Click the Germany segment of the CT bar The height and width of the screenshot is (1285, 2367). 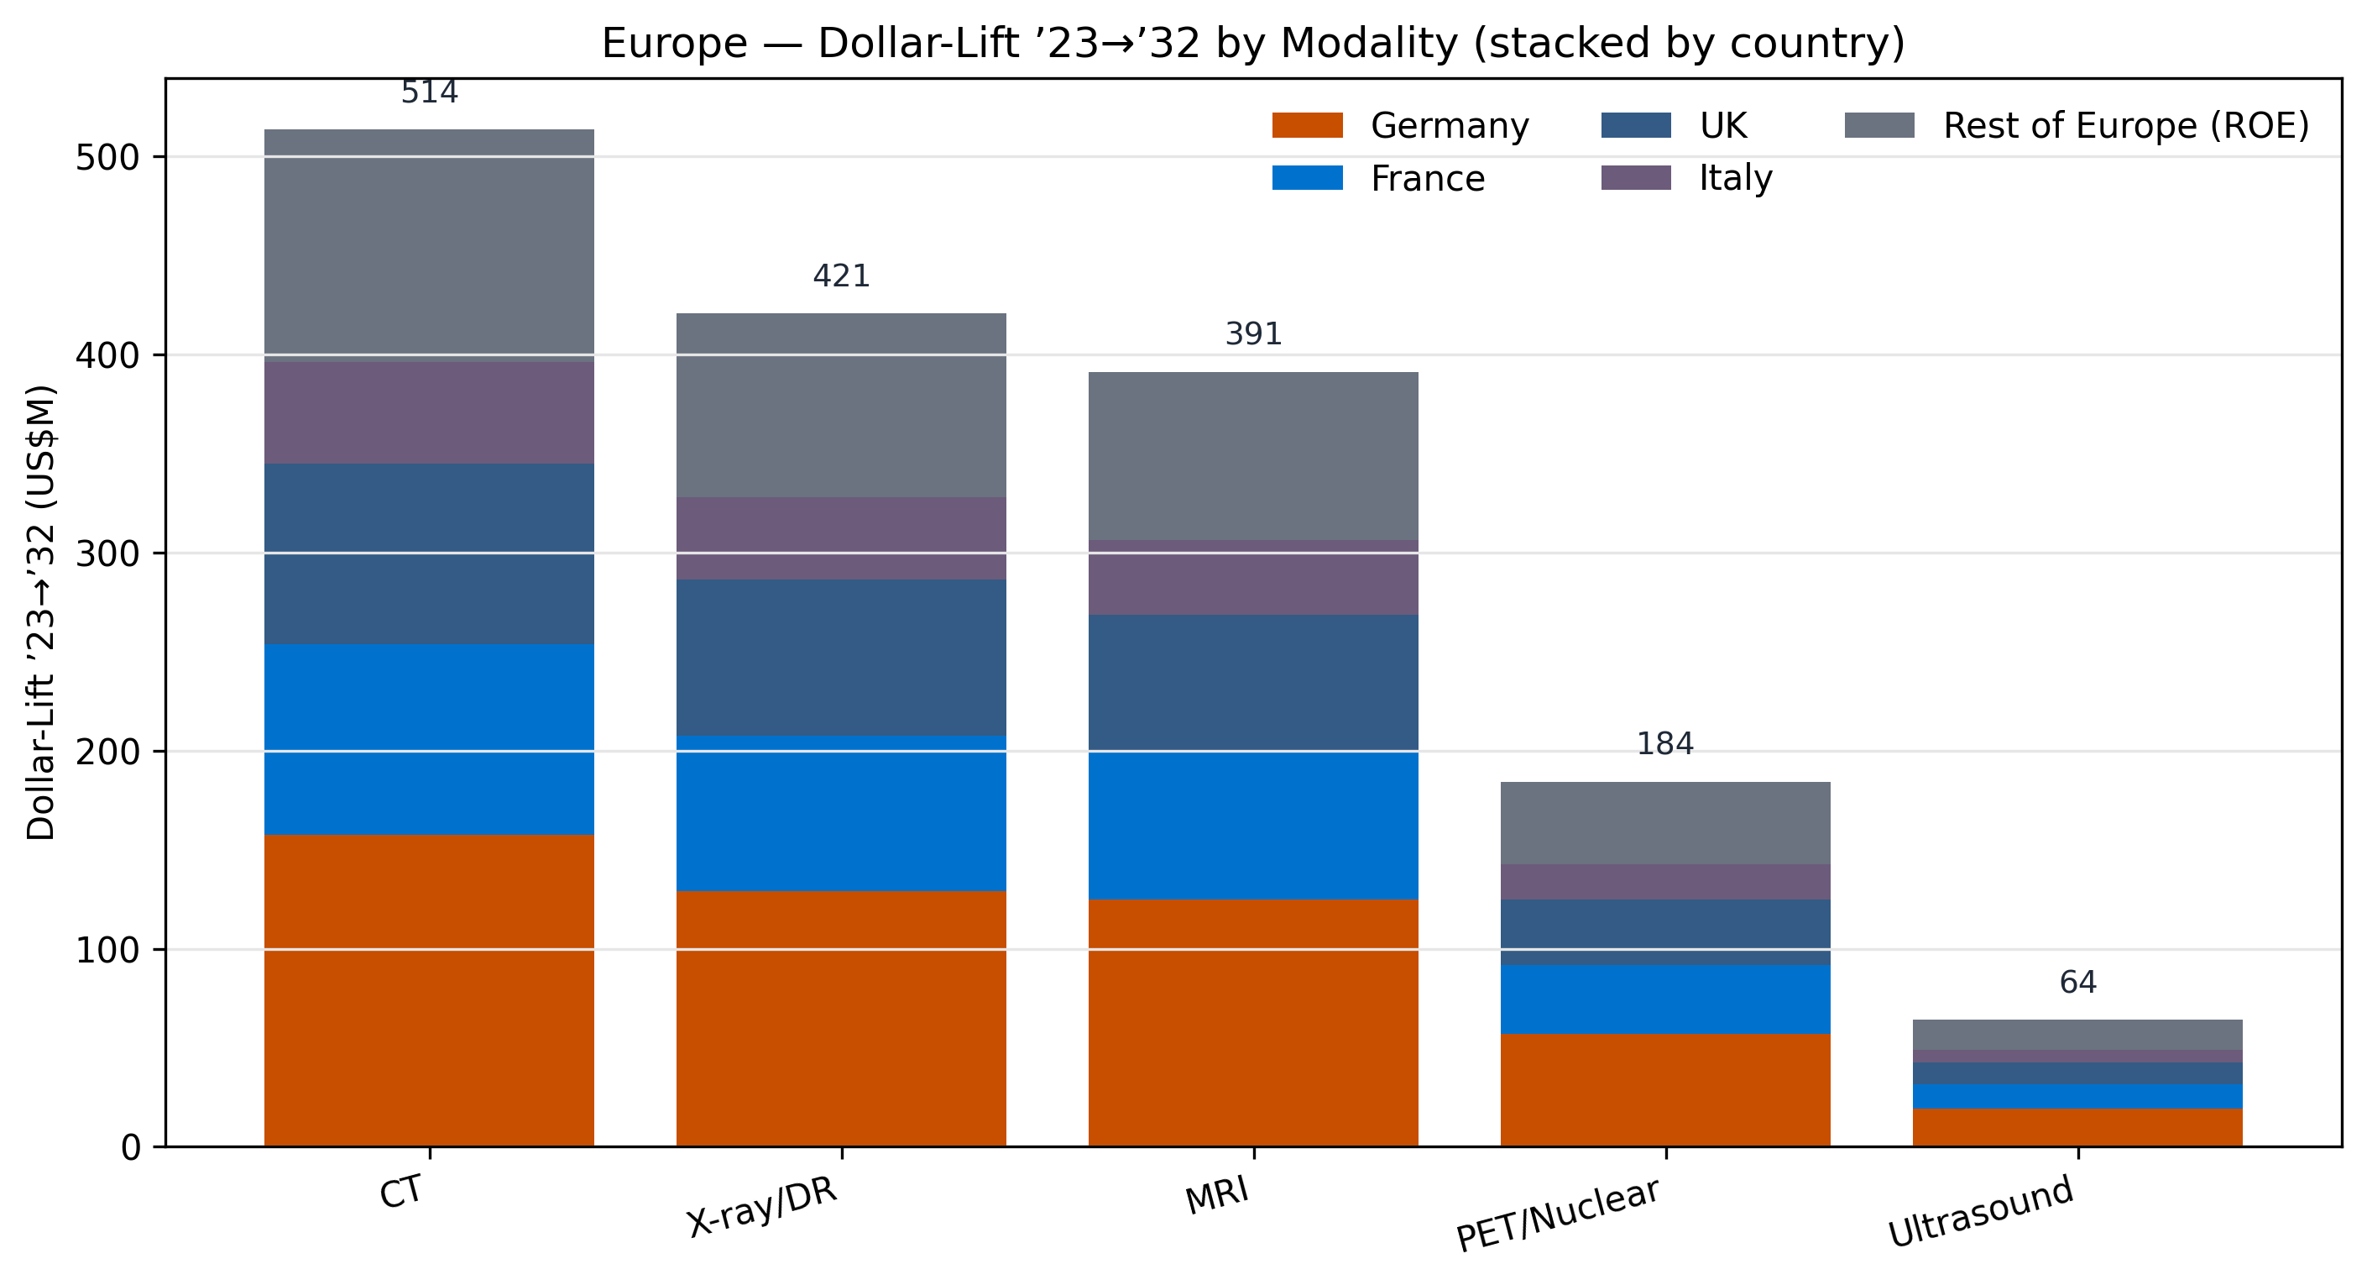click(x=429, y=990)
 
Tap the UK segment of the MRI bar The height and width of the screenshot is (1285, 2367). click(x=1252, y=682)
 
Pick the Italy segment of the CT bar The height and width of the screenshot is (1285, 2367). click(x=429, y=412)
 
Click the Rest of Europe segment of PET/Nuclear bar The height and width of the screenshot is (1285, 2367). click(x=1665, y=823)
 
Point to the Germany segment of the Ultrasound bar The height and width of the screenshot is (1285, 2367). click(x=2077, y=1127)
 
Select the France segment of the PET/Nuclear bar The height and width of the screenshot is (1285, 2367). click(x=1665, y=999)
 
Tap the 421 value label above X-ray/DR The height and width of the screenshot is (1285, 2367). click(x=841, y=275)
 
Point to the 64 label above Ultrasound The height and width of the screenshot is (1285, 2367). click(x=2077, y=983)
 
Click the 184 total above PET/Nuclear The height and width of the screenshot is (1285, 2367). click(x=1665, y=743)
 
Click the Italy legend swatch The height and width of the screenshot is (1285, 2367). click(x=1636, y=177)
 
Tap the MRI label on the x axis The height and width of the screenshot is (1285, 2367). click(x=1218, y=1197)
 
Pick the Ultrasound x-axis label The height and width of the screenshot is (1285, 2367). click(x=1980, y=1213)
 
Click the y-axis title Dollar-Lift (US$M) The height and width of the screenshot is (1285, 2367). click(x=41, y=612)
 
